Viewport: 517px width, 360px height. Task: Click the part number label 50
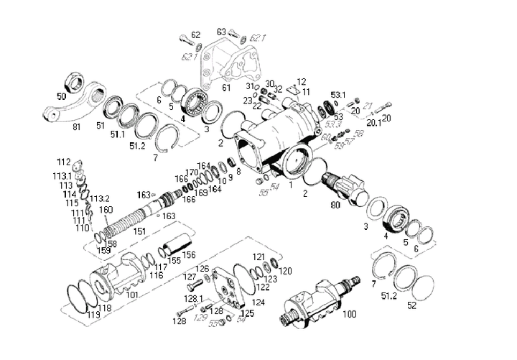(x=62, y=96)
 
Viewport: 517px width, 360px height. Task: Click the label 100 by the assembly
(x=349, y=314)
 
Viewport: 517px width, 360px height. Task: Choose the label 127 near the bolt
(x=190, y=277)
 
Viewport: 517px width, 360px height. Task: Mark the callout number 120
(x=286, y=271)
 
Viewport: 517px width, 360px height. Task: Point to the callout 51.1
(x=116, y=134)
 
